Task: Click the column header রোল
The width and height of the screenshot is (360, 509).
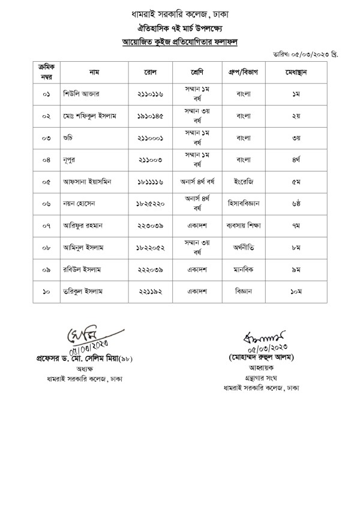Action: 151,72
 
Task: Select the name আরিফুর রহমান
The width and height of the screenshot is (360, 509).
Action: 85,225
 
